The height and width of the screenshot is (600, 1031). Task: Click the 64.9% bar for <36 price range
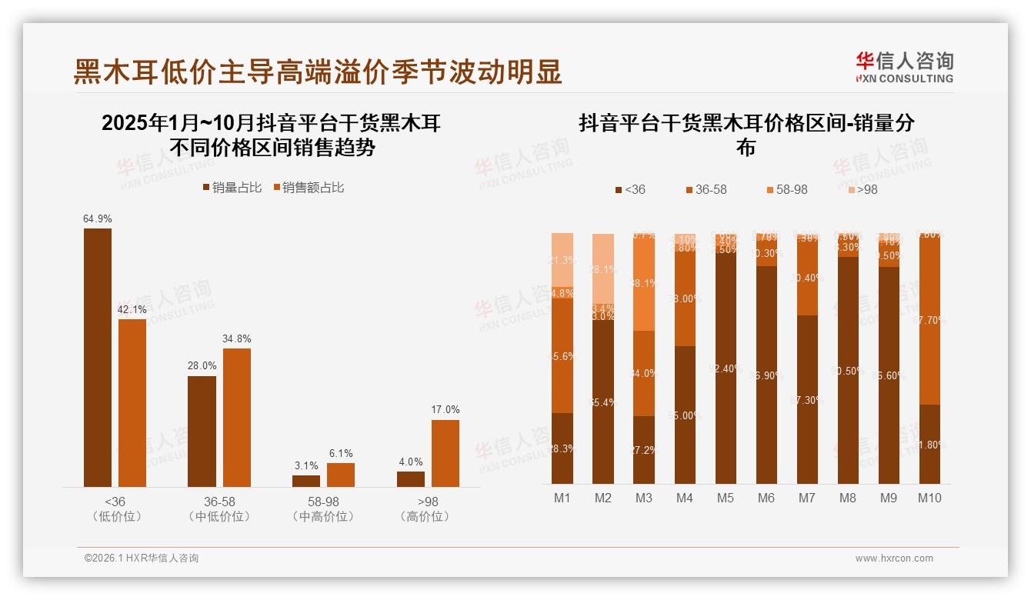[98, 357]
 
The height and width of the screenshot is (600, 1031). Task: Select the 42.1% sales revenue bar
[132, 402]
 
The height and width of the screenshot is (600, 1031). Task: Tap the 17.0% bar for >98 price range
[445, 453]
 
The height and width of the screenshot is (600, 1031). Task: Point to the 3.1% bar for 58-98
[306, 481]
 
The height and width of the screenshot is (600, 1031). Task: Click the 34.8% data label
[237, 338]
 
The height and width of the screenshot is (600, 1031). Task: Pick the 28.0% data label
[202, 366]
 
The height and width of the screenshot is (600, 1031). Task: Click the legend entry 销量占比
[232, 188]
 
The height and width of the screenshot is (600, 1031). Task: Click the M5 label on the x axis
[726, 498]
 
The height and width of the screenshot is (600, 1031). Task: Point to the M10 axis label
[929, 498]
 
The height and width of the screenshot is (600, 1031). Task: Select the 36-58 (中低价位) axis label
[219, 508]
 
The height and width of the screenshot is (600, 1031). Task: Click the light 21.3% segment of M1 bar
[562, 260]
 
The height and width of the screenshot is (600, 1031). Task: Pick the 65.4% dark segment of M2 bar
[603, 402]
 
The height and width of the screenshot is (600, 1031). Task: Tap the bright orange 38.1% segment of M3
[644, 284]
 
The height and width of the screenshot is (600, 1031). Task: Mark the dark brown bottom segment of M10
[929, 444]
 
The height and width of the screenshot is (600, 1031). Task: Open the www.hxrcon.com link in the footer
[894, 558]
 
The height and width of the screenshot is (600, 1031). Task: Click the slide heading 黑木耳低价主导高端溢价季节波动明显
[318, 72]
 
